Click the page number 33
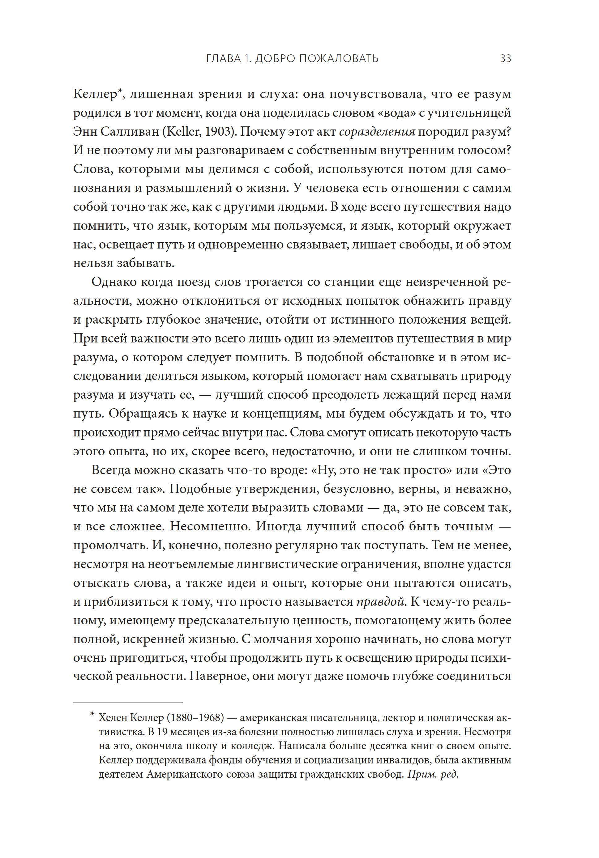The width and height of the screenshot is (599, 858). [505, 59]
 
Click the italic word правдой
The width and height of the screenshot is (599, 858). [381, 602]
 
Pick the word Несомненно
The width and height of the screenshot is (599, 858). [210, 527]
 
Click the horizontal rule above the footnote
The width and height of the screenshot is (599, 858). [128, 703]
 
